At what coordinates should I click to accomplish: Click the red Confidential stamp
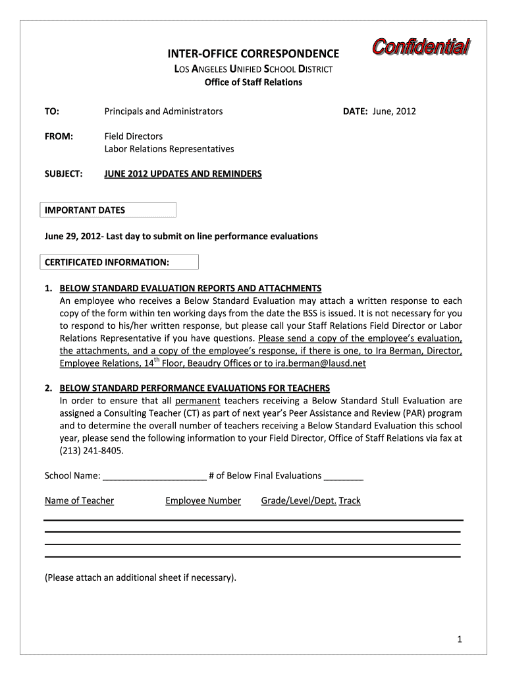(x=421, y=48)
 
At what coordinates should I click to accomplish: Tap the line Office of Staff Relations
(x=253, y=82)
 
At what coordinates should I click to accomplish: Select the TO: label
(x=52, y=111)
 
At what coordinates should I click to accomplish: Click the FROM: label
(x=58, y=136)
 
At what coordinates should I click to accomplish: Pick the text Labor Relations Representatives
(x=169, y=149)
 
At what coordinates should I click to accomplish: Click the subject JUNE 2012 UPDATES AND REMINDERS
(x=183, y=174)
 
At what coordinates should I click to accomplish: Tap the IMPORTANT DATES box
(x=109, y=210)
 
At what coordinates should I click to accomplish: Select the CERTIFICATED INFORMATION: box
(x=119, y=262)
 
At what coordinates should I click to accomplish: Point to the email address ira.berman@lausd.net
(x=321, y=363)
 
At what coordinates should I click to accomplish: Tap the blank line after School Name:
(x=155, y=477)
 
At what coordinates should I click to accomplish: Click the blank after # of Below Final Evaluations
(x=344, y=477)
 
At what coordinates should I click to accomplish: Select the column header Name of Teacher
(x=79, y=501)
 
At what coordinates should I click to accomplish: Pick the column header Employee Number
(x=203, y=501)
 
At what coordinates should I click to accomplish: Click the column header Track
(x=350, y=501)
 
